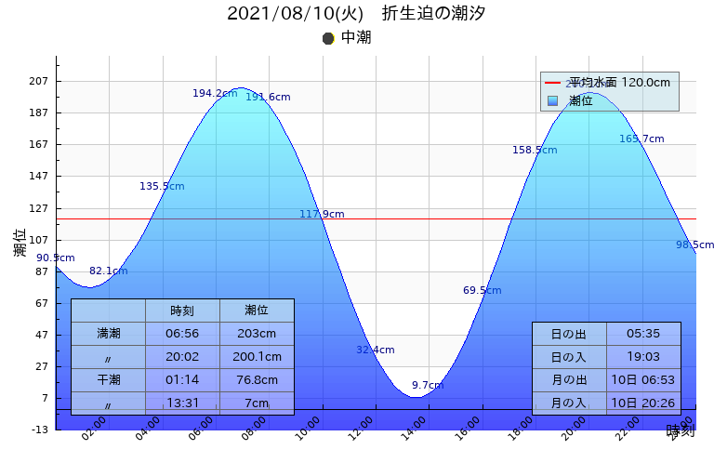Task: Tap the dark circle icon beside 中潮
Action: [328, 38]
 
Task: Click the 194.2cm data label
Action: [215, 94]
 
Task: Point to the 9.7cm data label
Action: [428, 386]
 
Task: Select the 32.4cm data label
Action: [376, 350]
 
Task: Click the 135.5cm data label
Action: [162, 187]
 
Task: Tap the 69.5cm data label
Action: [483, 291]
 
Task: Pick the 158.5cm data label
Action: [535, 151]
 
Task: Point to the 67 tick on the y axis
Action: [41, 303]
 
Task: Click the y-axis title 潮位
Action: [20, 244]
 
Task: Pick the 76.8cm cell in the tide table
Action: [257, 380]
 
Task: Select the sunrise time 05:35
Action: [643, 334]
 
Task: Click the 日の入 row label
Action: [569, 357]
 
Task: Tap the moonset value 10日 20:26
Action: [643, 403]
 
